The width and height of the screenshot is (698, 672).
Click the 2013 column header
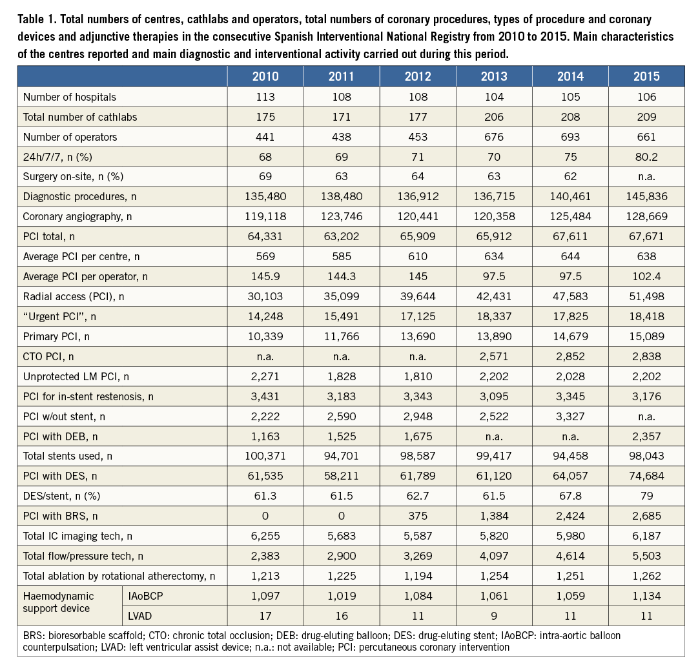pyautogui.click(x=494, y=76)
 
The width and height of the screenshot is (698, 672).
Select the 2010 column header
pyautogui.click(x=265, y=76)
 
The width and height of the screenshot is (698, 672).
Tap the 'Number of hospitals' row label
pyautogui.click(x=70, y=97)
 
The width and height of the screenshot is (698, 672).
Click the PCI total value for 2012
pyautogui.click(x=418, y=236)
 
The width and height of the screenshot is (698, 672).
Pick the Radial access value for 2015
pyautogui.click(x=646, y=296)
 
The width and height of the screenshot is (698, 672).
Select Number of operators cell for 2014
pyautogui.click(x=570, y=137)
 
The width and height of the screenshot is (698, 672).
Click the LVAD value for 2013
pyautogui.click(x=494, y=616)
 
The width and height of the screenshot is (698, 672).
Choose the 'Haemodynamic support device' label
pyautogui.click(x=59, y=602)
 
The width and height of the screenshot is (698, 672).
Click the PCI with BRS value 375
pyautogui.click(x=418, y=516)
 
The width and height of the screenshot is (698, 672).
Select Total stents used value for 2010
pyautogui.click(x=265, y=456)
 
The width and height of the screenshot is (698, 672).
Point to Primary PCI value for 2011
pyautogui.click(x=342, y=336)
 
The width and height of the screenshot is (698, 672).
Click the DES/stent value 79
pyautogui.click(x=646, y=496)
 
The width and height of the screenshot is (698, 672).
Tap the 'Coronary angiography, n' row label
pyautogui.click(x=77, y=216)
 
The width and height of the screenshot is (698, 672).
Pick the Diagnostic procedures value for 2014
pyautogui.click(x=570, y=196)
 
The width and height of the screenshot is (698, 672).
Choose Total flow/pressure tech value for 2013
pyautogui.click(x=494, y=556)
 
